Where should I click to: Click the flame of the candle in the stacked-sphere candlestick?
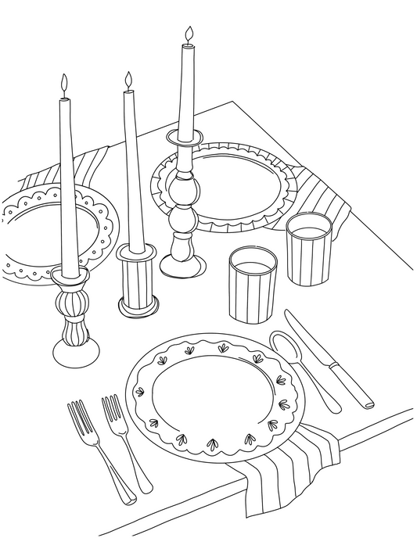(188, 34)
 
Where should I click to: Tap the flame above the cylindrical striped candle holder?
(128, 80)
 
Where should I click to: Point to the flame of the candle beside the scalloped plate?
(64, 84)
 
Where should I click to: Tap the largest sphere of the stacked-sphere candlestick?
(184, 190)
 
